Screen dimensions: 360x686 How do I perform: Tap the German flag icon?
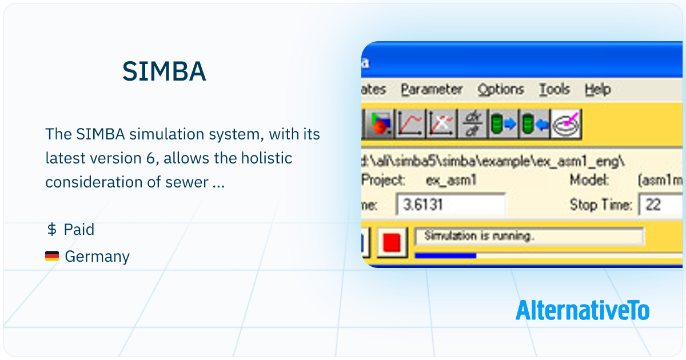(52, 257)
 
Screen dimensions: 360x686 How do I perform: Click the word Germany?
(97, 257)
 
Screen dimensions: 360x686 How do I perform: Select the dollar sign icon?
(51, 230)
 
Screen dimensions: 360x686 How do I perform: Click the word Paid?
(79, 230)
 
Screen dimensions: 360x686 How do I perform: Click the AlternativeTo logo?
(582, 310)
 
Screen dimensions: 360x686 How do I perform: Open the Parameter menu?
(432, 90)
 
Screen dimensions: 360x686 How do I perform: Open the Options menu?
(501, 90)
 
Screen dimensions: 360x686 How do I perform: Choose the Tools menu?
(555, 90)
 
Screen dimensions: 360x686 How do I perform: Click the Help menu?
(597, 90)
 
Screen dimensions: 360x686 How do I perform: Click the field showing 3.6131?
(451, 205)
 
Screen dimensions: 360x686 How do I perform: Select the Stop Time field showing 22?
(660, 205)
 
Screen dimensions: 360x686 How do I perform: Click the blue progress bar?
(445, 255)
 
